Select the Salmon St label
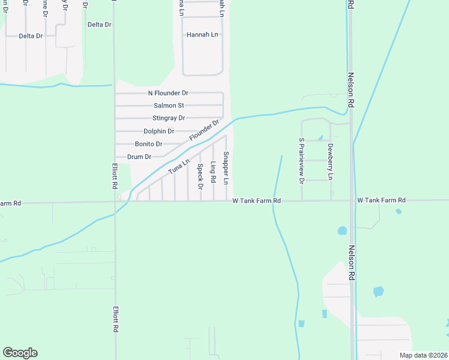pyautogui.click(x=168, y=106)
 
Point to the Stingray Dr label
pyautogui.click(x=169, y=118)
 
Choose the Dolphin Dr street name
pyautogui.click(x=158, y=131)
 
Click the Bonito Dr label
pyautogui.click(x=149, y=144)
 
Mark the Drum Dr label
pyautogui.click(x=139, y=157)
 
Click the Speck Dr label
pyautogui.click(x=200, y=173)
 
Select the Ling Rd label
pyautogui.click(x=213, y=171)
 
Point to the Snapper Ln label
pyautogui.click(x=226, y=168)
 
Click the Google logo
pyautogui.click(x=20, y=353)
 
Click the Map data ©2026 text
pyautogui.click(x=423, y=355)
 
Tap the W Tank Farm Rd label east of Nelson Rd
pyautogui.click(x=381, y=200)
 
